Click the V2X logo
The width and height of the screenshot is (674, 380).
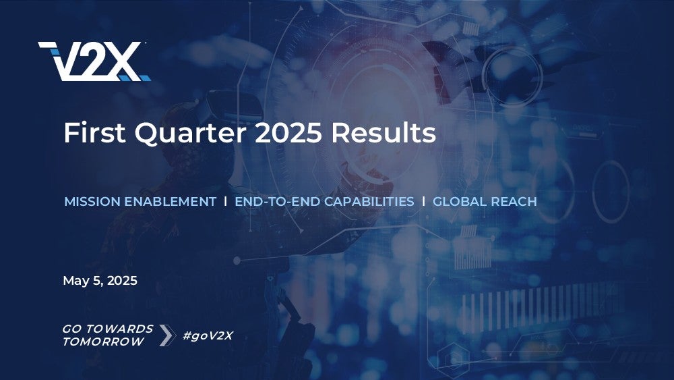click(x=94, y=61)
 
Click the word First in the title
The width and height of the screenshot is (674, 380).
click(x=94, y=132)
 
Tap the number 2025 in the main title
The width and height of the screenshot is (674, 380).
click(x=288, y=132)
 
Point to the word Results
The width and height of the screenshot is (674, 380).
click(x=384, y=132)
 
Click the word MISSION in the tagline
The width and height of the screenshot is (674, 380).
click(x=92, y=201)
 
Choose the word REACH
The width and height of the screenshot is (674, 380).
click(x=514, y=201)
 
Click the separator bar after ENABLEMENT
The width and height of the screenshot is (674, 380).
click(x=225, y=201)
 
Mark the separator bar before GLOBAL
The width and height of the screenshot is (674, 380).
click(x=423, y=201)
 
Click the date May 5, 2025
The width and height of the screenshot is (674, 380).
click(x=100, y=281)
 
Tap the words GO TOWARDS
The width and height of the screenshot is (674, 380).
click(x=108, y=329)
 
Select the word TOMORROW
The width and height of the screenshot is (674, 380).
click(x=103, y=342)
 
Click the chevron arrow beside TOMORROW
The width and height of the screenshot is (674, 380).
click(x=167, y=335)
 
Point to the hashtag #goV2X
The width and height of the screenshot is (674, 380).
click(x=208, y=335)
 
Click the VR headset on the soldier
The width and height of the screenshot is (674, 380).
click(x=235, y=105)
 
